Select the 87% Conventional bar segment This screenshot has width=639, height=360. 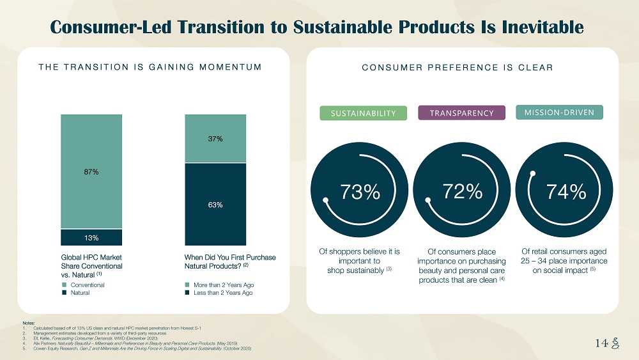(x=91, y=171)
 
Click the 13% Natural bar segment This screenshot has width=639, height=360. (x=91, y=238)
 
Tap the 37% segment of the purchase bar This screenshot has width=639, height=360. (x=215, y=139)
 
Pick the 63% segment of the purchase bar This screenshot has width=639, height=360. (x=215, y=205)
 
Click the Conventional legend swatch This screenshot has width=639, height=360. (x=64, y=285)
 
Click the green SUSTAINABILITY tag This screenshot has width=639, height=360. (x=363, y=113)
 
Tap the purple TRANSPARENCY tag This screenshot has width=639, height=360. (x=461, y=113)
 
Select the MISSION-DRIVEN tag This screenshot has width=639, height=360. (x=559, y=113)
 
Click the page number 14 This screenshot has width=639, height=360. (x=600, y=343)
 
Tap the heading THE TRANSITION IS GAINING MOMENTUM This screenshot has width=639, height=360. (x=150, y=67)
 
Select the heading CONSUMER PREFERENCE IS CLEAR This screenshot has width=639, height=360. (x=458, y=67)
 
